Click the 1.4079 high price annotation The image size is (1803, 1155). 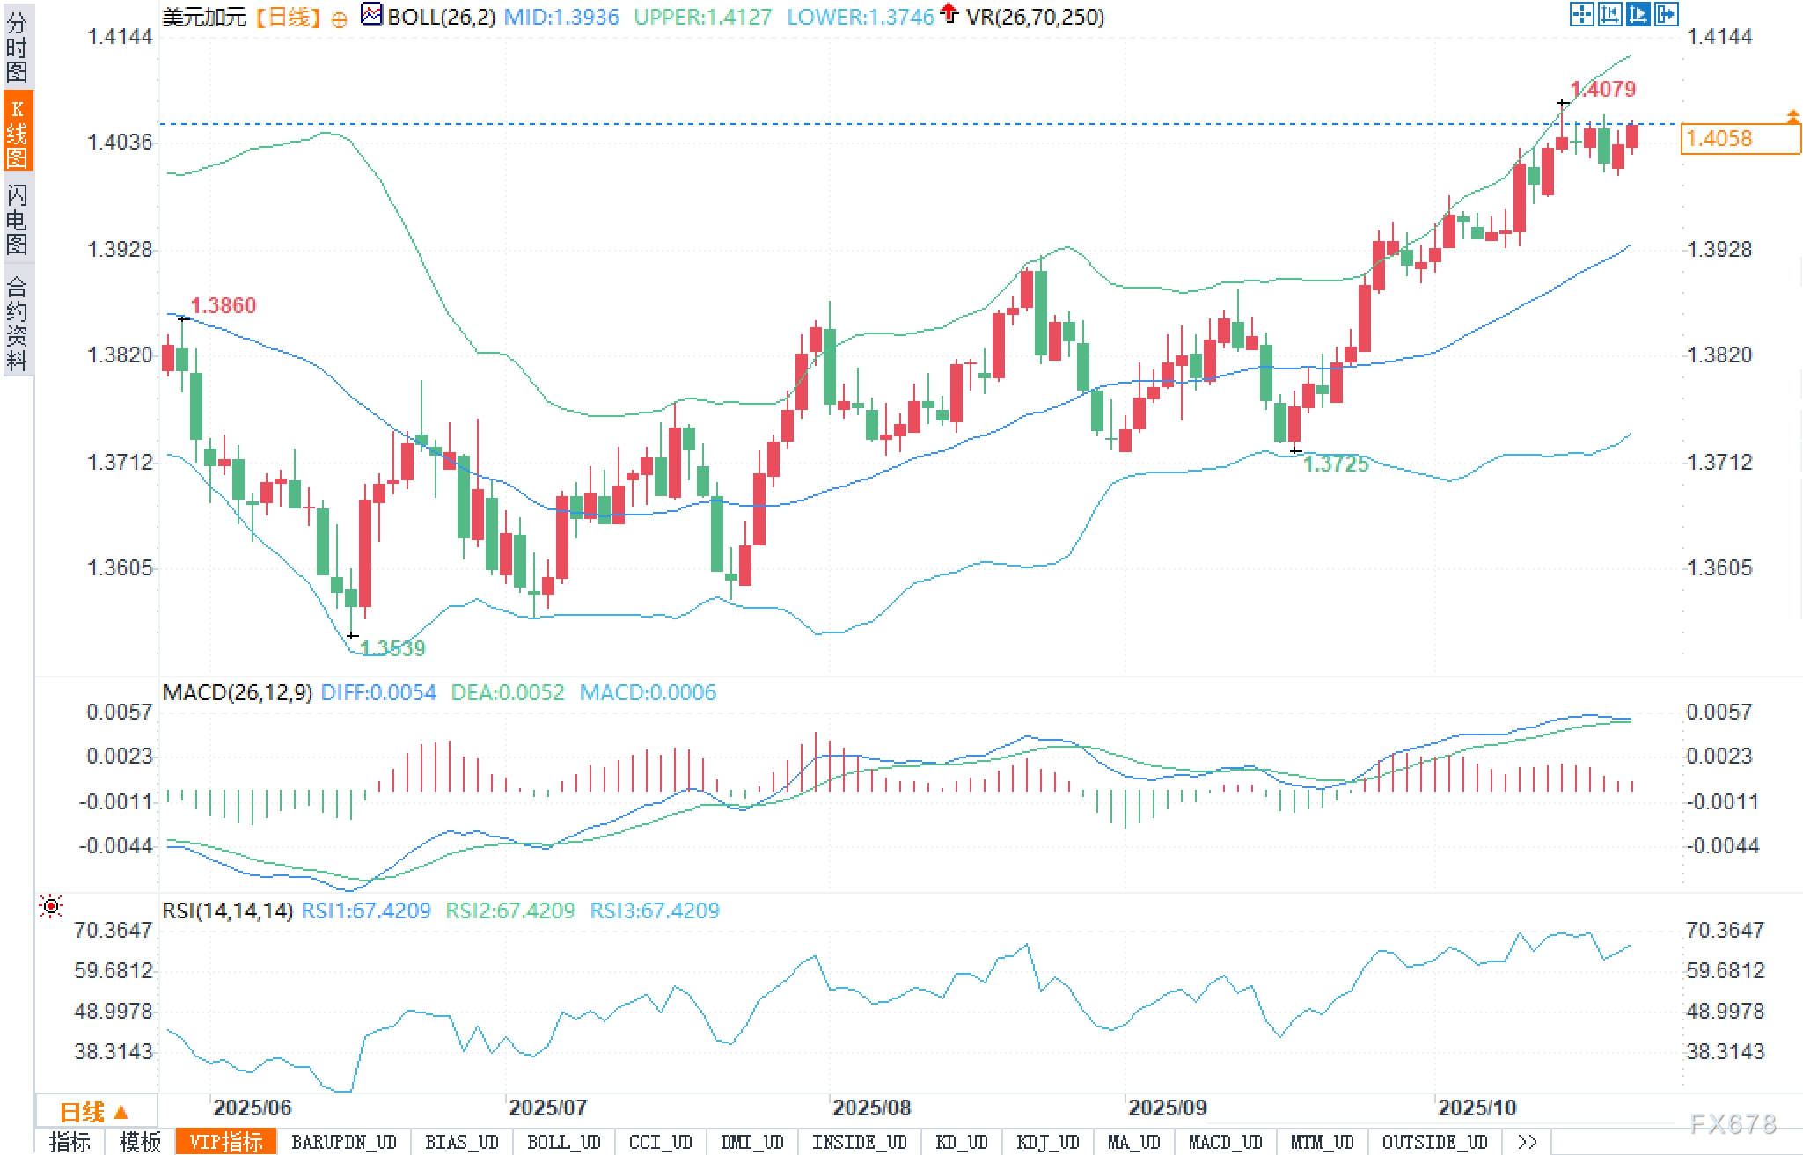click(1602, 89)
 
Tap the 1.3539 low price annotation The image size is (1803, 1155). click(392, 648)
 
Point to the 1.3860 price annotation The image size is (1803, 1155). click(223, 305)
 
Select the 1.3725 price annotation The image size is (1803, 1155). click(1335, 464)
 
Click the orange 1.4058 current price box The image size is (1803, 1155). click(1740, 139)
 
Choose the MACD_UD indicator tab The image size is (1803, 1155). click(1225, 1142)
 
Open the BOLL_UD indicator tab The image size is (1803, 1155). click(563, 1142)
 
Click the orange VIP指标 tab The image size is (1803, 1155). click(226, 1142)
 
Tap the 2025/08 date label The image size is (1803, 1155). click(871, 1107)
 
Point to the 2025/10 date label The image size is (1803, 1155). click(1477, 1107)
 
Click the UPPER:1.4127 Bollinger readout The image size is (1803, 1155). click(702, 17)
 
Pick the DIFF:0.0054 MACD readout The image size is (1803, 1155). click(378, 692)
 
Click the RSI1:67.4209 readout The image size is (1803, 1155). click(366, 910)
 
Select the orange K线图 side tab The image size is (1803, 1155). click(18, 132)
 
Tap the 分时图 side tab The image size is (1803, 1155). click(18, 46)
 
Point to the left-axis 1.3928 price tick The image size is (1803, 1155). click(119, 250)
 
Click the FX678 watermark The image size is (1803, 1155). click(1732, 1123)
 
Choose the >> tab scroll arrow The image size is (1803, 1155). click(1527, 1142)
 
